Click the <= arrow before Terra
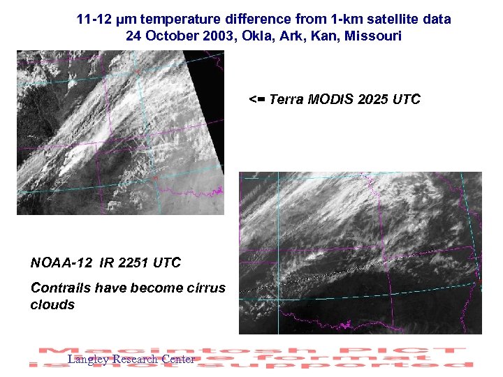(x=258, y=99)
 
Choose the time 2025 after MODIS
(x=373, y=99)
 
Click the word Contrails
(x=60, y=288)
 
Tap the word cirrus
(x=205, y=288)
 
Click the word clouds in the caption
(x=52, y=304)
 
